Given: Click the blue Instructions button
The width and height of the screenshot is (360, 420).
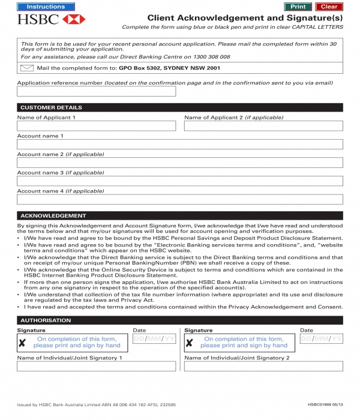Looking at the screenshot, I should (46, 7).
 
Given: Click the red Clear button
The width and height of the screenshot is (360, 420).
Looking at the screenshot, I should (329, 7).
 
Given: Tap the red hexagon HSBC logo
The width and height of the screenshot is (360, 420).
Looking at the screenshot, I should (74, 19).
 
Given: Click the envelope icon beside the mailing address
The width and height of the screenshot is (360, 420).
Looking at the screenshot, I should (26, 68).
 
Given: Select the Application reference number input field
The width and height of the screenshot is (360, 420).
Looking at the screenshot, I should (97, 91).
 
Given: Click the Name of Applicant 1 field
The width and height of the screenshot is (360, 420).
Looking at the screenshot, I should (97, 126).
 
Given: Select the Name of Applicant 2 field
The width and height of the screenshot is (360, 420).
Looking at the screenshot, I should (263, 126).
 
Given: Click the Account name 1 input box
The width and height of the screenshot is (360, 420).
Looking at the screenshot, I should (180, 144).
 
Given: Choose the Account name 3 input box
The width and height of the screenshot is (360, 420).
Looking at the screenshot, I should (180, 181).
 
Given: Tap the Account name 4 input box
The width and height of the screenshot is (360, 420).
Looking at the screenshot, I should (180, 199).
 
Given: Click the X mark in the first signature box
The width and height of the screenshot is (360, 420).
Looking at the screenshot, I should (22, 343).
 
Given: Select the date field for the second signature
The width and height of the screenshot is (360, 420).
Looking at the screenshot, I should (321, 339).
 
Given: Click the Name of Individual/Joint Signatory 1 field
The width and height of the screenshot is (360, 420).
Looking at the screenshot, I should (97, 366).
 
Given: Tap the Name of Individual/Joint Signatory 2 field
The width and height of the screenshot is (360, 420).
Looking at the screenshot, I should (263, 366).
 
